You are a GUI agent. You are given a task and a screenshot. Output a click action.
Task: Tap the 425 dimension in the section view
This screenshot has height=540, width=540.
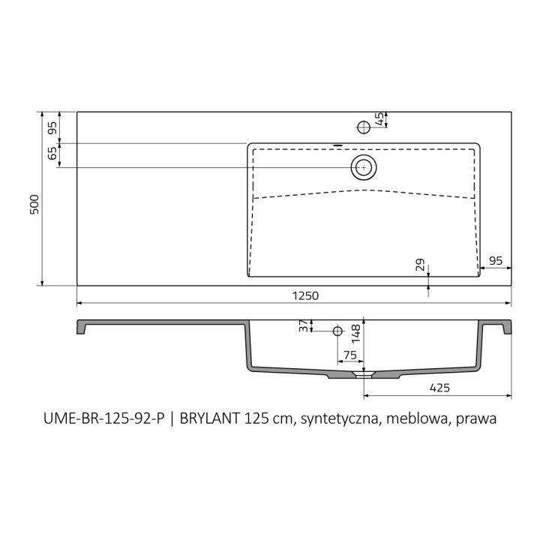439,388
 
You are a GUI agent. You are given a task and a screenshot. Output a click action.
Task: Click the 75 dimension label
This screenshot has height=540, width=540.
349,355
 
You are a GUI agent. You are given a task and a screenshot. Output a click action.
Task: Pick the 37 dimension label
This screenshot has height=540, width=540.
304,326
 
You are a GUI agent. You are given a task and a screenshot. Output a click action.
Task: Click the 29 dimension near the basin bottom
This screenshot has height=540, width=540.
421,265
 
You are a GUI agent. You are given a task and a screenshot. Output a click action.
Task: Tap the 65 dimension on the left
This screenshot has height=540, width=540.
52,154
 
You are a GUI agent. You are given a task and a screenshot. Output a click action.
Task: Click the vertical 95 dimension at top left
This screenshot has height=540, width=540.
52,127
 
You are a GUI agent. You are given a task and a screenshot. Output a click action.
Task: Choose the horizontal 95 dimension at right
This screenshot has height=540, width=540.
496,260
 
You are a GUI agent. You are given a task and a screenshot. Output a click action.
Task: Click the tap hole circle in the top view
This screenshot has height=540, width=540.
364,127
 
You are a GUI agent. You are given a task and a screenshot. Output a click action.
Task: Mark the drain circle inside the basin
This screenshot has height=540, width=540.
364,167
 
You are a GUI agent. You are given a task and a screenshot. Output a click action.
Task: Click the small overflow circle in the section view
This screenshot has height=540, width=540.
337,331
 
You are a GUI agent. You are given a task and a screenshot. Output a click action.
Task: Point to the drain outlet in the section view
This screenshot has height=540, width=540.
364,373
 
